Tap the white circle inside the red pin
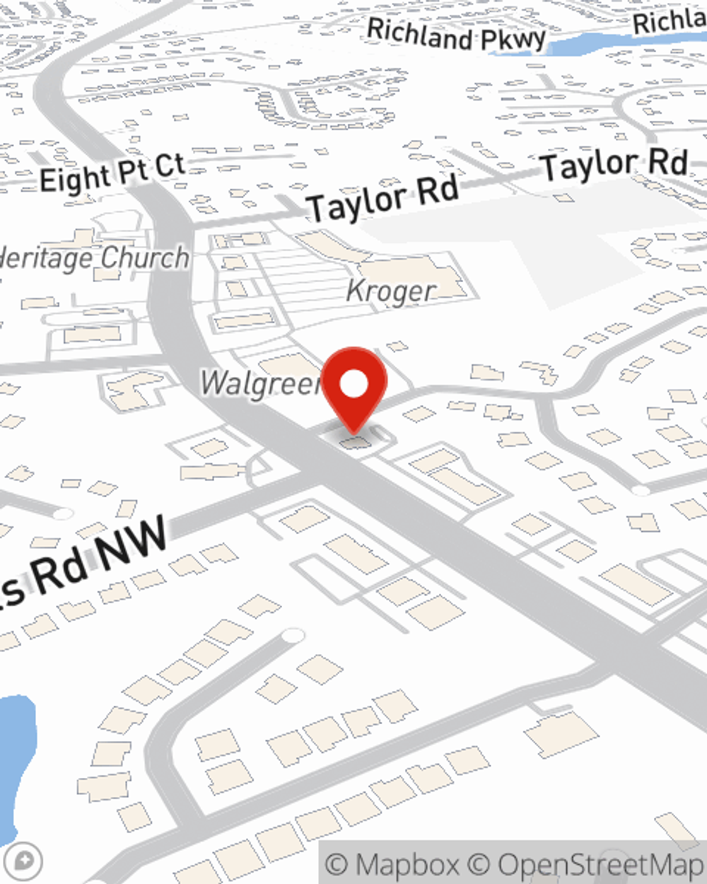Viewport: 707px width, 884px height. (354, 384)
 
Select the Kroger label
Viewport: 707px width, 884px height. (391, 291)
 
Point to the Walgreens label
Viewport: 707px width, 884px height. (260, 383)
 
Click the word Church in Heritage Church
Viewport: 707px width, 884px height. (144, 258)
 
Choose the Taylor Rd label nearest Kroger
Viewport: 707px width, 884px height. (382, 199)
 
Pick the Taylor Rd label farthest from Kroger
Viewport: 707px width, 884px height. (614, 165)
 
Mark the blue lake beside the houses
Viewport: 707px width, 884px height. (14, 764)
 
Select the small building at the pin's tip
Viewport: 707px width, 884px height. (355, 443)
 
